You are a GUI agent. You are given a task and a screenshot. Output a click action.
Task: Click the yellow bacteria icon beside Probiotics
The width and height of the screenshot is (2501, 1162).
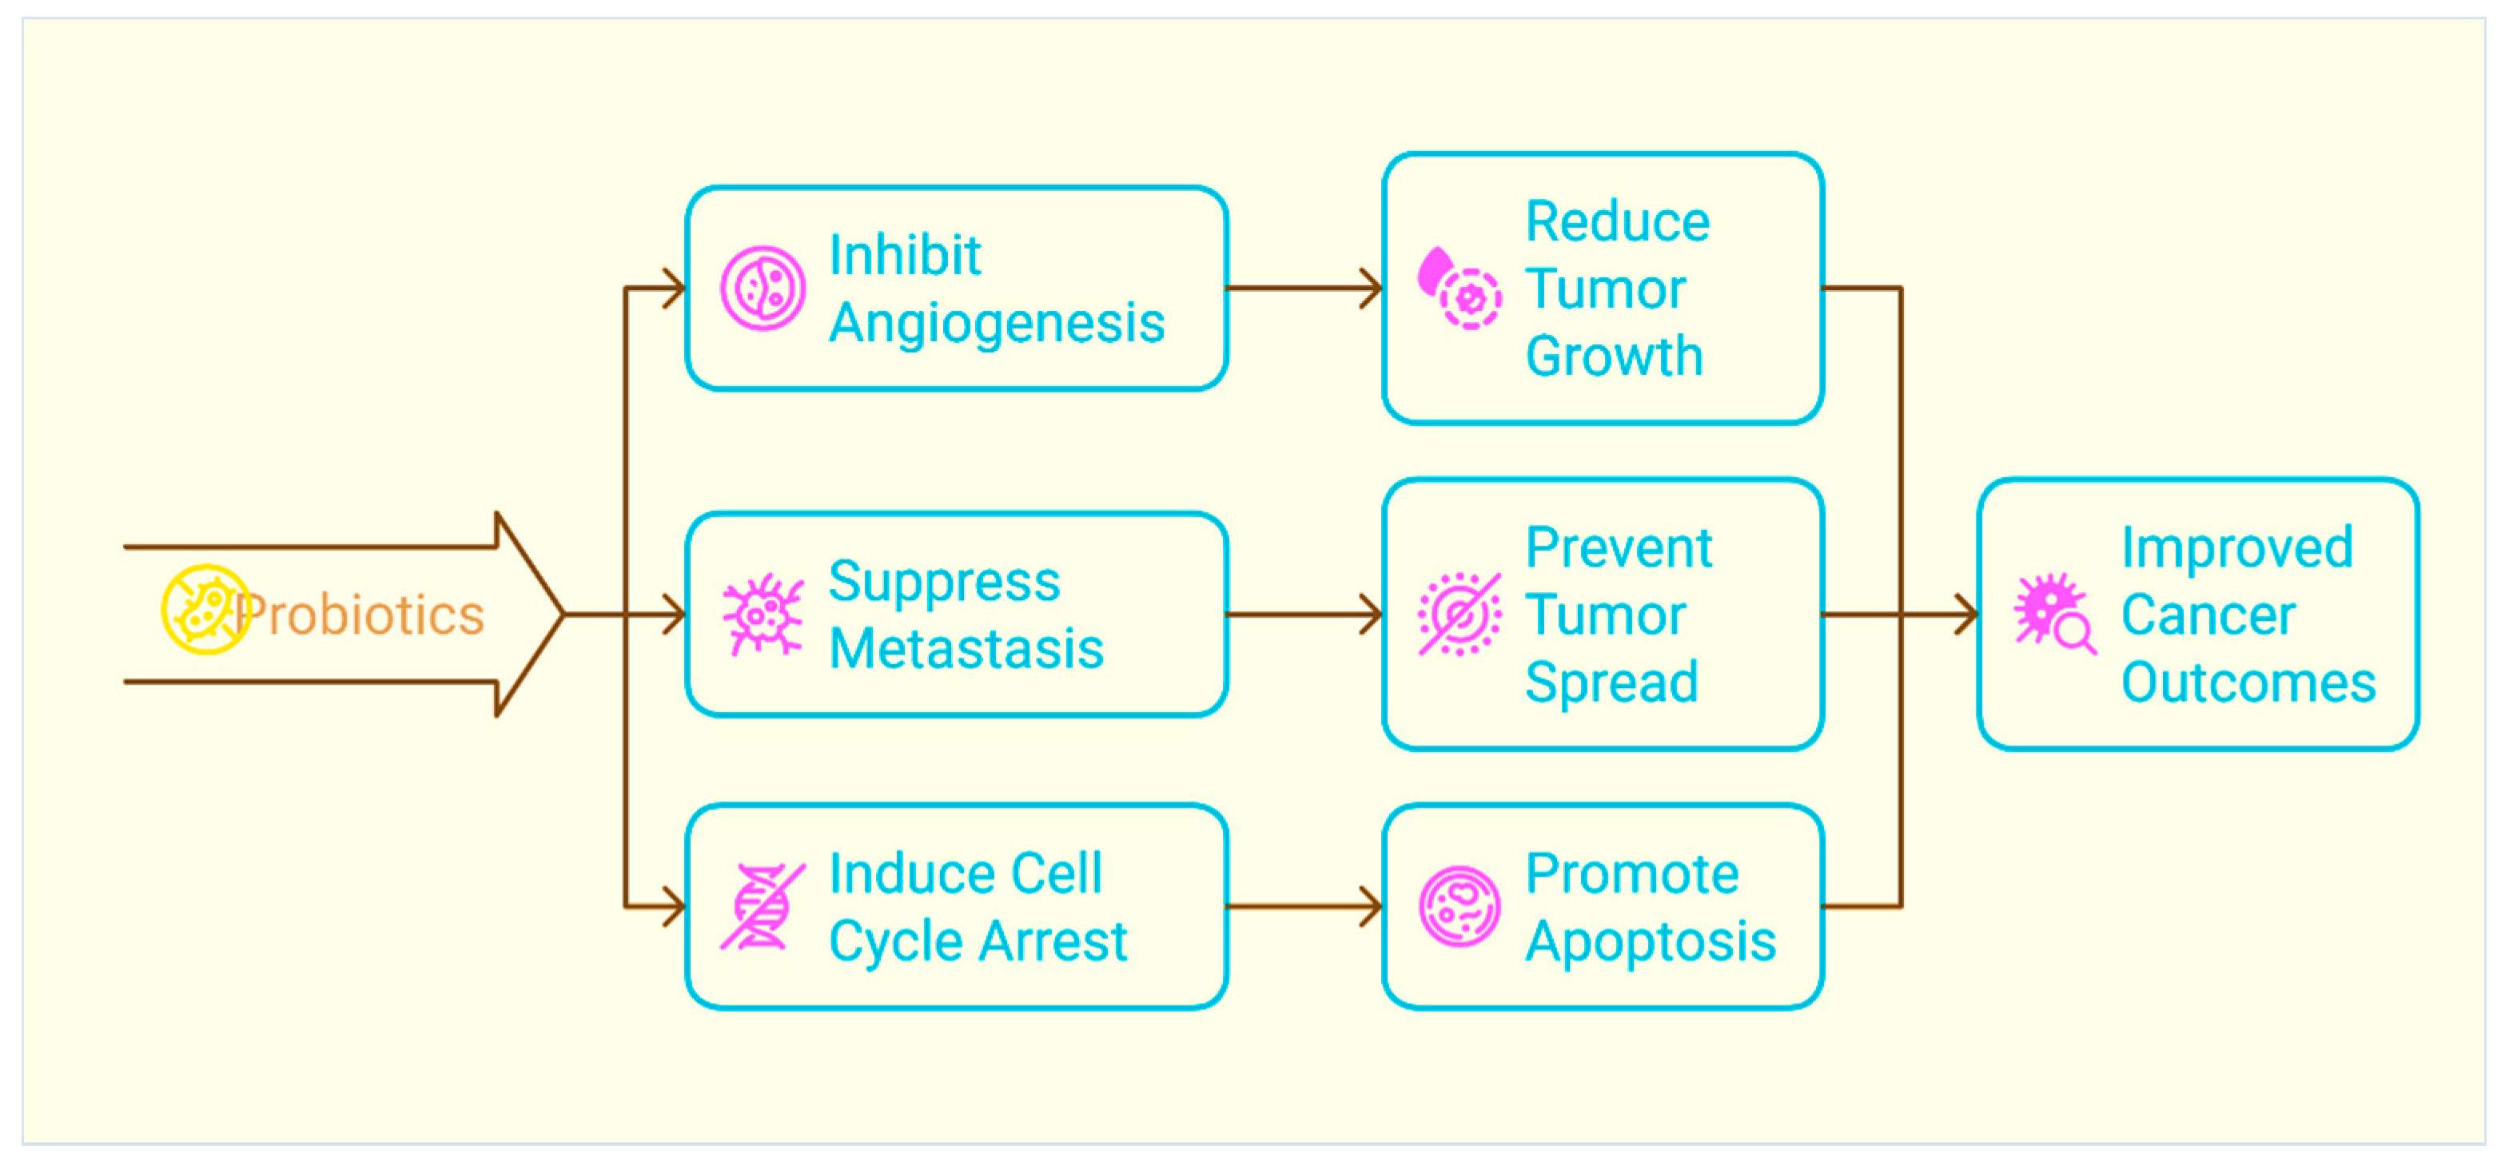(205, 610)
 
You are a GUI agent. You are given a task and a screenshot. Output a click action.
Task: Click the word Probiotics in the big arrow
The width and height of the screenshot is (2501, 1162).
(361, 615)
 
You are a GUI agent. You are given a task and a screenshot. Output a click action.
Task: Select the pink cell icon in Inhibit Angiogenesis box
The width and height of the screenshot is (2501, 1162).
(763, 289)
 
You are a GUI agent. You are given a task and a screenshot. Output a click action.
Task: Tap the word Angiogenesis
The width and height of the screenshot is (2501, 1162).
(996, 322)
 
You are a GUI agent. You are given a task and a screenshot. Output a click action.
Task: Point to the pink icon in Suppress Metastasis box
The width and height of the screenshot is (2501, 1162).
(763, 615)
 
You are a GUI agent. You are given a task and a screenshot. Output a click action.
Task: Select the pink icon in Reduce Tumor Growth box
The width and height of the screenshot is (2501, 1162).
(1460, 289)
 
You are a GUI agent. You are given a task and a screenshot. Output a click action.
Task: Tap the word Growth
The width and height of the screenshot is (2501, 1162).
(1614, 356)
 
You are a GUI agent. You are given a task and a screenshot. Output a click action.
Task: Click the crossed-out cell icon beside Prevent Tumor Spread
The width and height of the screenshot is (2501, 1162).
(1460, 615)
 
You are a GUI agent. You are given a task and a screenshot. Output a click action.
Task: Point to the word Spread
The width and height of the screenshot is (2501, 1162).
(1611, 682)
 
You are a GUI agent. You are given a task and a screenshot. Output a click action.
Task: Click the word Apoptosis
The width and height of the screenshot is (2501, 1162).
(1651, 941)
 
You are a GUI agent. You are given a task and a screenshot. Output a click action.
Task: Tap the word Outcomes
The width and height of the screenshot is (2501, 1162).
(2248, 682)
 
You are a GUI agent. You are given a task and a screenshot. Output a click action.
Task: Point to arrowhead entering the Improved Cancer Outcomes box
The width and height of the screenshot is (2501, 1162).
(1968, 615)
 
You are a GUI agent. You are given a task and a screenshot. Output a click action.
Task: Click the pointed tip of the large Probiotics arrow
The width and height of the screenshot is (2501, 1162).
(560, 615)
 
